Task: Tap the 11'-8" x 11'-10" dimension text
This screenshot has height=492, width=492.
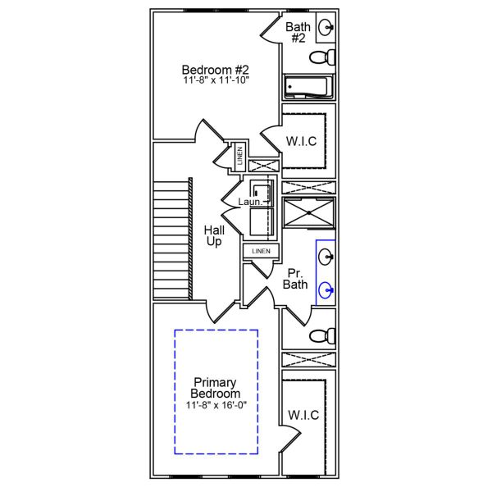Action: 215,80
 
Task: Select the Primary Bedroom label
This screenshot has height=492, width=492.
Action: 216,388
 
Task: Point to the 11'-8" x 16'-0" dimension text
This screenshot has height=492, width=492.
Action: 216,405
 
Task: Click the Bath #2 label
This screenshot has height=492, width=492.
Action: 298,33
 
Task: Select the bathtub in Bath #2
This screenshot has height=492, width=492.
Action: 307,87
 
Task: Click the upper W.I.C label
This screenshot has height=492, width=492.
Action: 302,141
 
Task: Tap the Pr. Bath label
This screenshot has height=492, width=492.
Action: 295,279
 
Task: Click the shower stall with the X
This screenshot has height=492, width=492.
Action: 308,212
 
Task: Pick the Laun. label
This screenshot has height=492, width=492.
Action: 250,202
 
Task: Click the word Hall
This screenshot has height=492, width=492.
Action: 214,230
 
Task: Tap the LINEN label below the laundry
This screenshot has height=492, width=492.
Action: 261,250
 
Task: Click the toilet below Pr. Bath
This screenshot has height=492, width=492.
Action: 321,336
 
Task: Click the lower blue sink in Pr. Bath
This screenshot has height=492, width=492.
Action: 327,289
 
